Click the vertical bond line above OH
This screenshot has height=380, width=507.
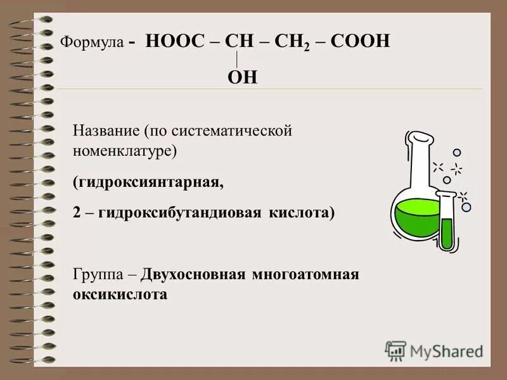pyautogui.click(x=237, y=60)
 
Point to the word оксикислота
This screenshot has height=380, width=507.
pyautogui.click(x=120, y=294)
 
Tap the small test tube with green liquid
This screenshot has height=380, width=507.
pyautogui.click(x=448, y=225)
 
